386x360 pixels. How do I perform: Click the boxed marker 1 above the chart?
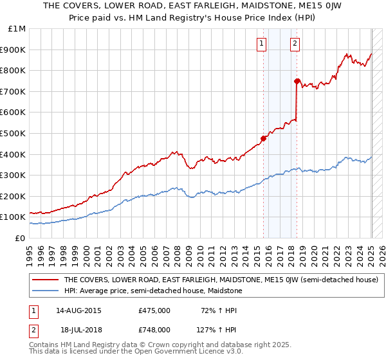[262, 44]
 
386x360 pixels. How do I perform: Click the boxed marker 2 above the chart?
[295, 44]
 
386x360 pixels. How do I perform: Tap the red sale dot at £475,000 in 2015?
[263, 138]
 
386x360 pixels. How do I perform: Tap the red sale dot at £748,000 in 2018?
[297, 81]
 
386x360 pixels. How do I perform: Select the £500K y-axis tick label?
[14, 133]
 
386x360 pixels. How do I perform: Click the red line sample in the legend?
[45, 280]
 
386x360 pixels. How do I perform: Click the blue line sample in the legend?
[45, 291]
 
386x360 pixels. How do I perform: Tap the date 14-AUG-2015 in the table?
[78, 310]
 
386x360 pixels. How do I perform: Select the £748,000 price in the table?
[154, 329]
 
